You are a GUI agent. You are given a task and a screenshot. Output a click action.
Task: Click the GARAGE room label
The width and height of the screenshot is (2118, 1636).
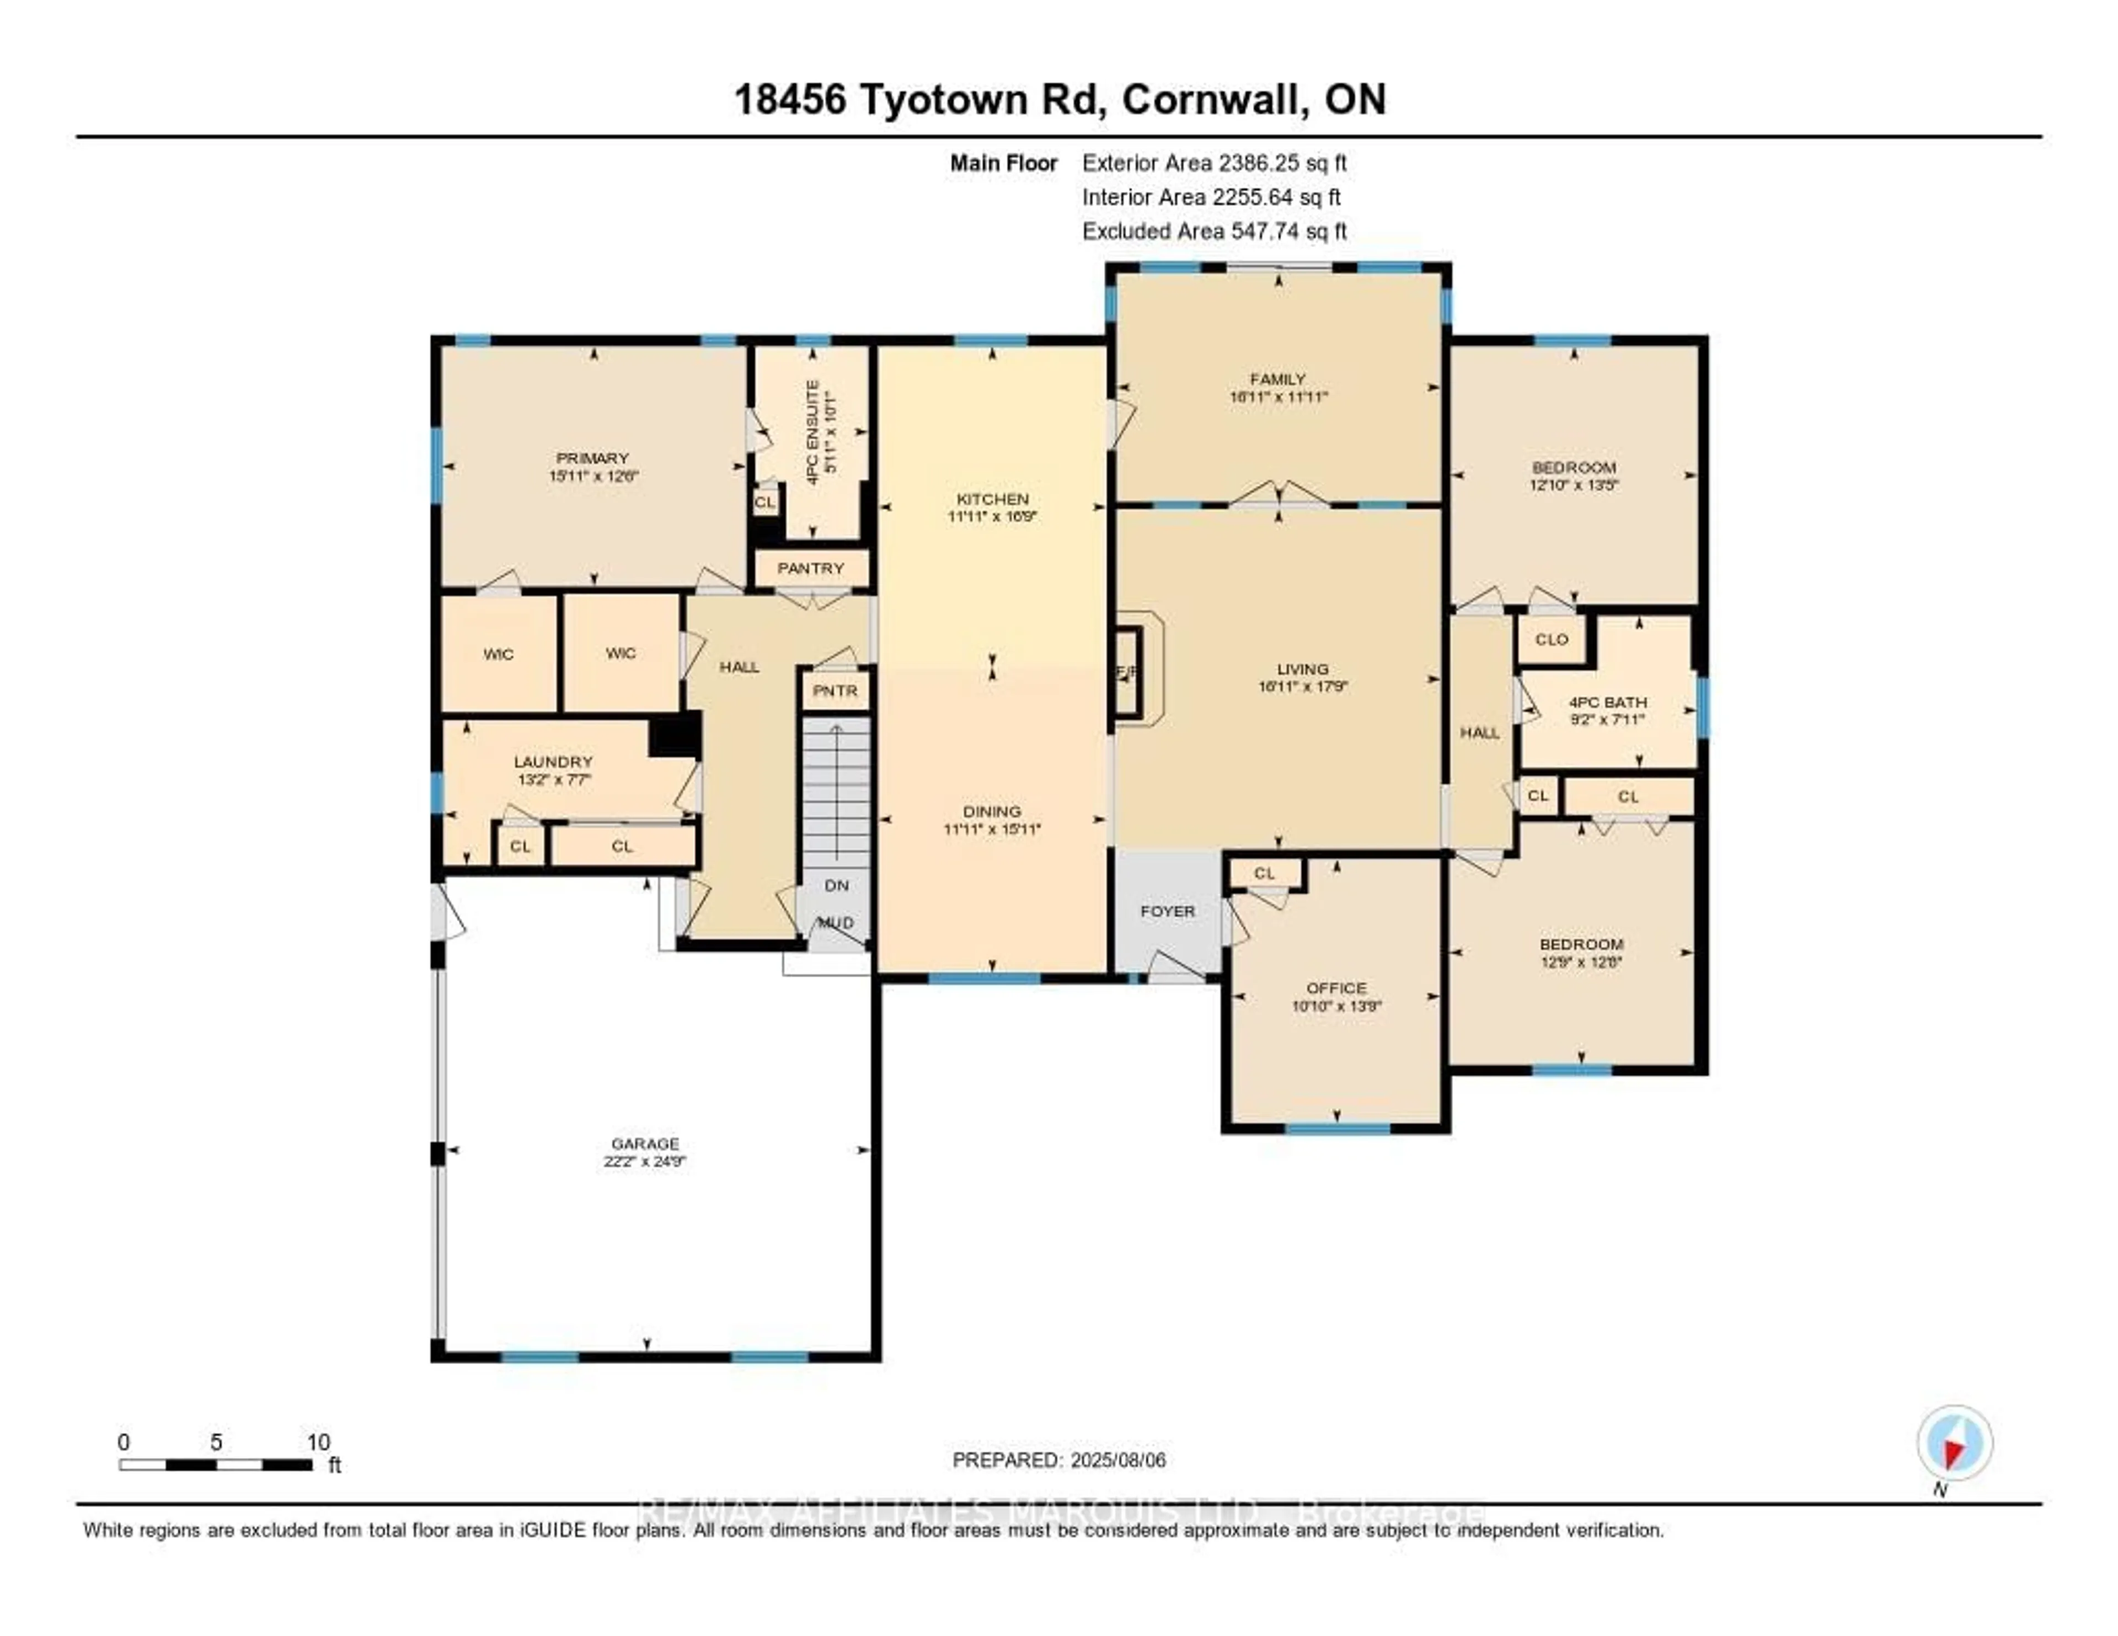coord(645,1143)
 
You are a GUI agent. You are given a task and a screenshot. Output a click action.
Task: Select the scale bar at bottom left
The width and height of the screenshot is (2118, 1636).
coord(215,1464)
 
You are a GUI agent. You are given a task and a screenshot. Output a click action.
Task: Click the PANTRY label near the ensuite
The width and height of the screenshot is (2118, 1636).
coord(811,568)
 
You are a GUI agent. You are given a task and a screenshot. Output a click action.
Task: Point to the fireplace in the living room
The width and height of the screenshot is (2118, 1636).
coord(1127,672)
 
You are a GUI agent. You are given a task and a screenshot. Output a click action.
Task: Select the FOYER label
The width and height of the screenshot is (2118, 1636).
coord(1168,912)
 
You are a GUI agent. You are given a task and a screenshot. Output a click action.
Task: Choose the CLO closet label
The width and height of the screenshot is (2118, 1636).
coord(1552,639)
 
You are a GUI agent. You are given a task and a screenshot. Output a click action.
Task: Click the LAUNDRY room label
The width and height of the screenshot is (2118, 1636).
coord(553,762)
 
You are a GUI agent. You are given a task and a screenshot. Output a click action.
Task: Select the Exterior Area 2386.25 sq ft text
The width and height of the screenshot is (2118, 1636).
coord(1214,163)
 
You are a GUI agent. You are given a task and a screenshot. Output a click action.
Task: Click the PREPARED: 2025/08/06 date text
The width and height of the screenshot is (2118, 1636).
coord(1059,1459)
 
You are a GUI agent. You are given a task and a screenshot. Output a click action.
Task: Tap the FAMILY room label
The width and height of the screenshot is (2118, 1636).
coord(1277,379)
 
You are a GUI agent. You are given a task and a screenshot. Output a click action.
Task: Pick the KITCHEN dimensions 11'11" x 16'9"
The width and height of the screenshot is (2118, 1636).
coord(992,517)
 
